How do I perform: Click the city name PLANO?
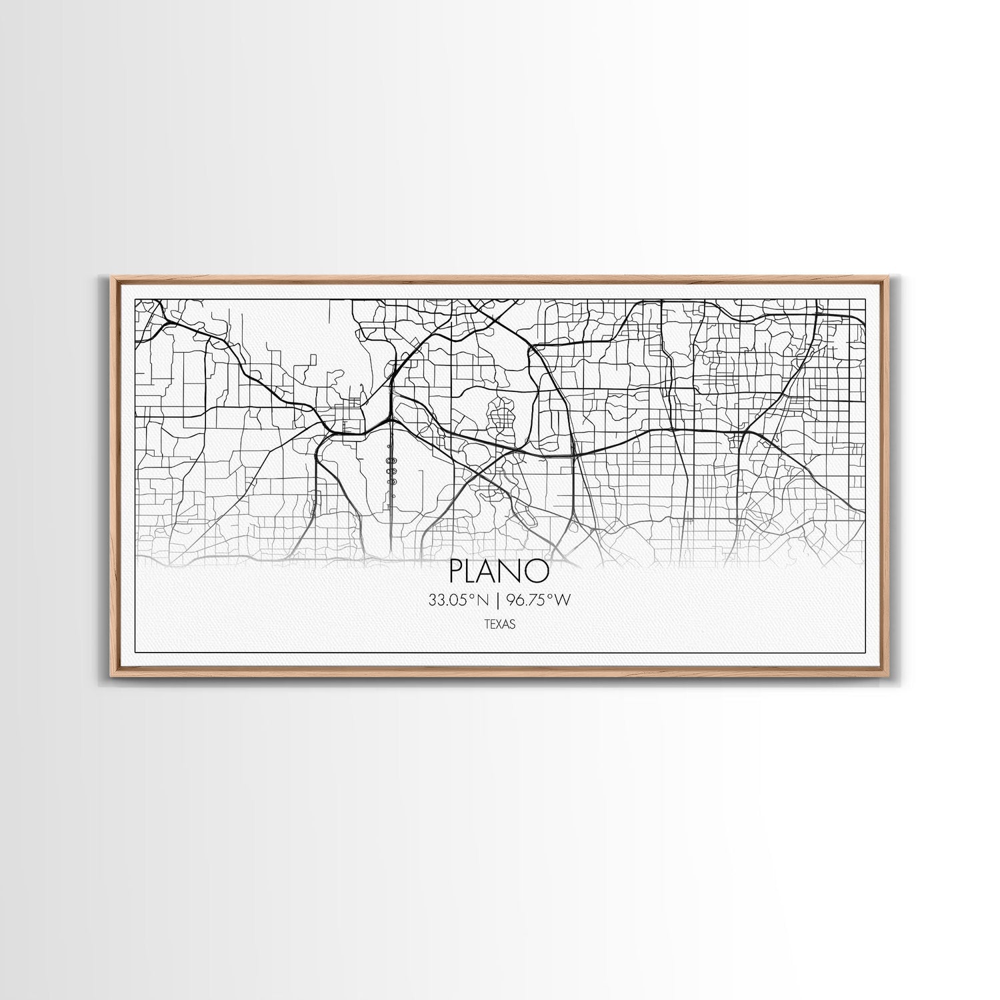pos(499,571)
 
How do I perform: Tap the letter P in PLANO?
pos(457,571)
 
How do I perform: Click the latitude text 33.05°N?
pos(459,601)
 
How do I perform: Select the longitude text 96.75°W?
pos(539,601)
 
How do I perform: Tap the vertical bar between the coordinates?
pos(497,601)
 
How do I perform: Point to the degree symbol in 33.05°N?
pos(471,597)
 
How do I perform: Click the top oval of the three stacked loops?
pos(391,460)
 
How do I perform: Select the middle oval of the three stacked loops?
pos(391,471)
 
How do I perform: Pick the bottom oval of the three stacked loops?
pos(391,482)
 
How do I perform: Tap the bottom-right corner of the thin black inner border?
pos(865,651)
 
